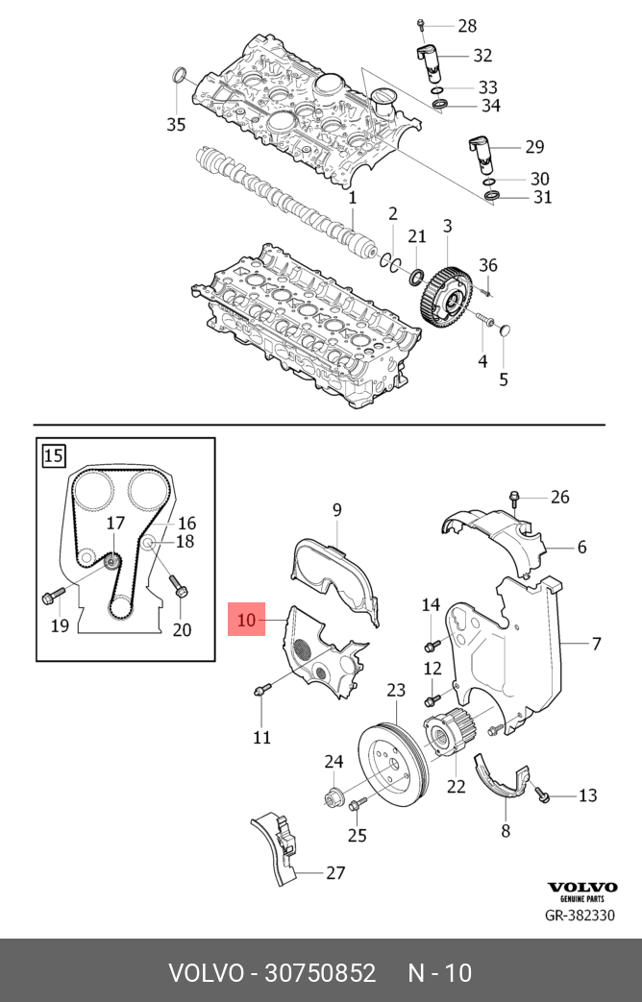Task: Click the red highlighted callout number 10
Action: pyautogui.click(x=247, y=620)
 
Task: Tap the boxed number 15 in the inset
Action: pyautogui.click(x=54, y=453)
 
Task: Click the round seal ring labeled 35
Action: pyautogui.click(x=178, y=78)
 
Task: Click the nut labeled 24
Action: pyautogui.click(x=333, y=796)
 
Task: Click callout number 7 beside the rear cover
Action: pyautogui.click(x=596, y=643)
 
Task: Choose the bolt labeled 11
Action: pyautogui.click(x=262, y=690)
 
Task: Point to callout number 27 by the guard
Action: pyautogui.click(x=334, y=873)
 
